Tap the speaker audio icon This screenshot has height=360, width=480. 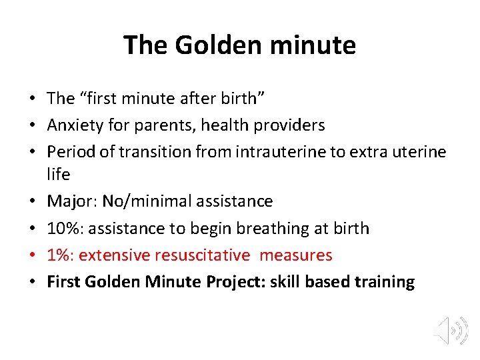tap(448, 330)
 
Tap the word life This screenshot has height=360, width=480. tap(58, 174)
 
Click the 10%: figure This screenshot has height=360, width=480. tap(64, 228)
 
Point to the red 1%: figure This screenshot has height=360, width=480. tap(59, 255)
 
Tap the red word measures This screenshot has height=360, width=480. tap(296, 255)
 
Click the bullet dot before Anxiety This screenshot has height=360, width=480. tap(32, 126)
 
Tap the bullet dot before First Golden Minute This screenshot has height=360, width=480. tap(32, 283)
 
